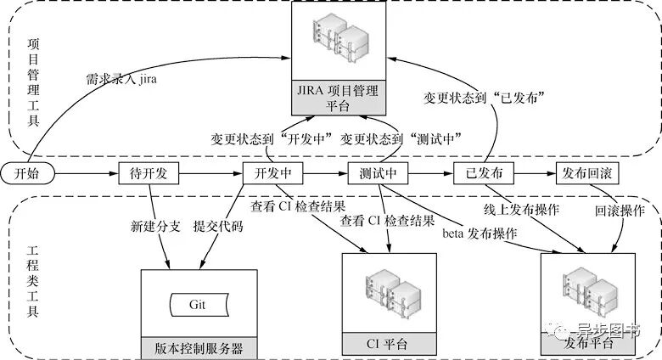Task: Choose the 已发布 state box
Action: point(483,173)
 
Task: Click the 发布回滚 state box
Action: point(587,173)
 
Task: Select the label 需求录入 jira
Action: point(119,79)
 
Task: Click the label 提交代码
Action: point(220,228)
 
